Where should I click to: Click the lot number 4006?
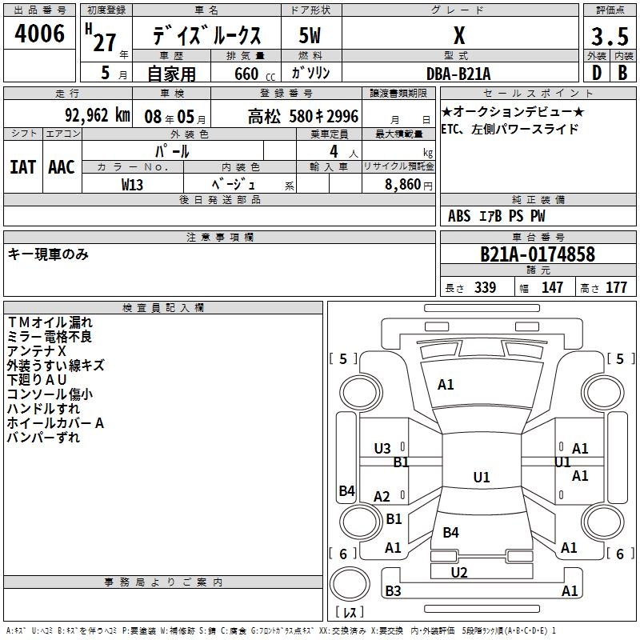pyautogui.click(x=40, y=34)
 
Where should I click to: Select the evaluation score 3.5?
pyautogui.click(x=608, y=37)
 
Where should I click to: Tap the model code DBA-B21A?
pyautogui.click(x=459, y=74)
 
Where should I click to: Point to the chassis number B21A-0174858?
pyautogui.click(x=538, y=254)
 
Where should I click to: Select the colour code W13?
pyautogui.click(x=133, y=184)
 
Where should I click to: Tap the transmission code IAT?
pyautogui.click(x=22, y=167)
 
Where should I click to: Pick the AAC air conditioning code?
pyautogui.click(x=62, y=167)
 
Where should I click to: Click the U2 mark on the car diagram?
pyautogui.click(x=459, y=572)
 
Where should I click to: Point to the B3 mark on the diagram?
pyautogui.click(x=393, y=591)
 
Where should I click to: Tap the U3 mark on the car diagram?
pyautogui.click(x=382, y=449)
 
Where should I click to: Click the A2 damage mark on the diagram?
pyautogui.click(x=382, y=497)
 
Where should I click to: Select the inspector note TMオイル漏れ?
pyautogui.click(x=50, y=322)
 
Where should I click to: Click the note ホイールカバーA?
pyautogui.click(x=55, y=423)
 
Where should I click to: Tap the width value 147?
pyautogui.click(x=552, y=288)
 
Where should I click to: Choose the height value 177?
pyautogui.click(x=616, y=288)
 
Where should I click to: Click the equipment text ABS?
pyautogui.click(x=459, y=216)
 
